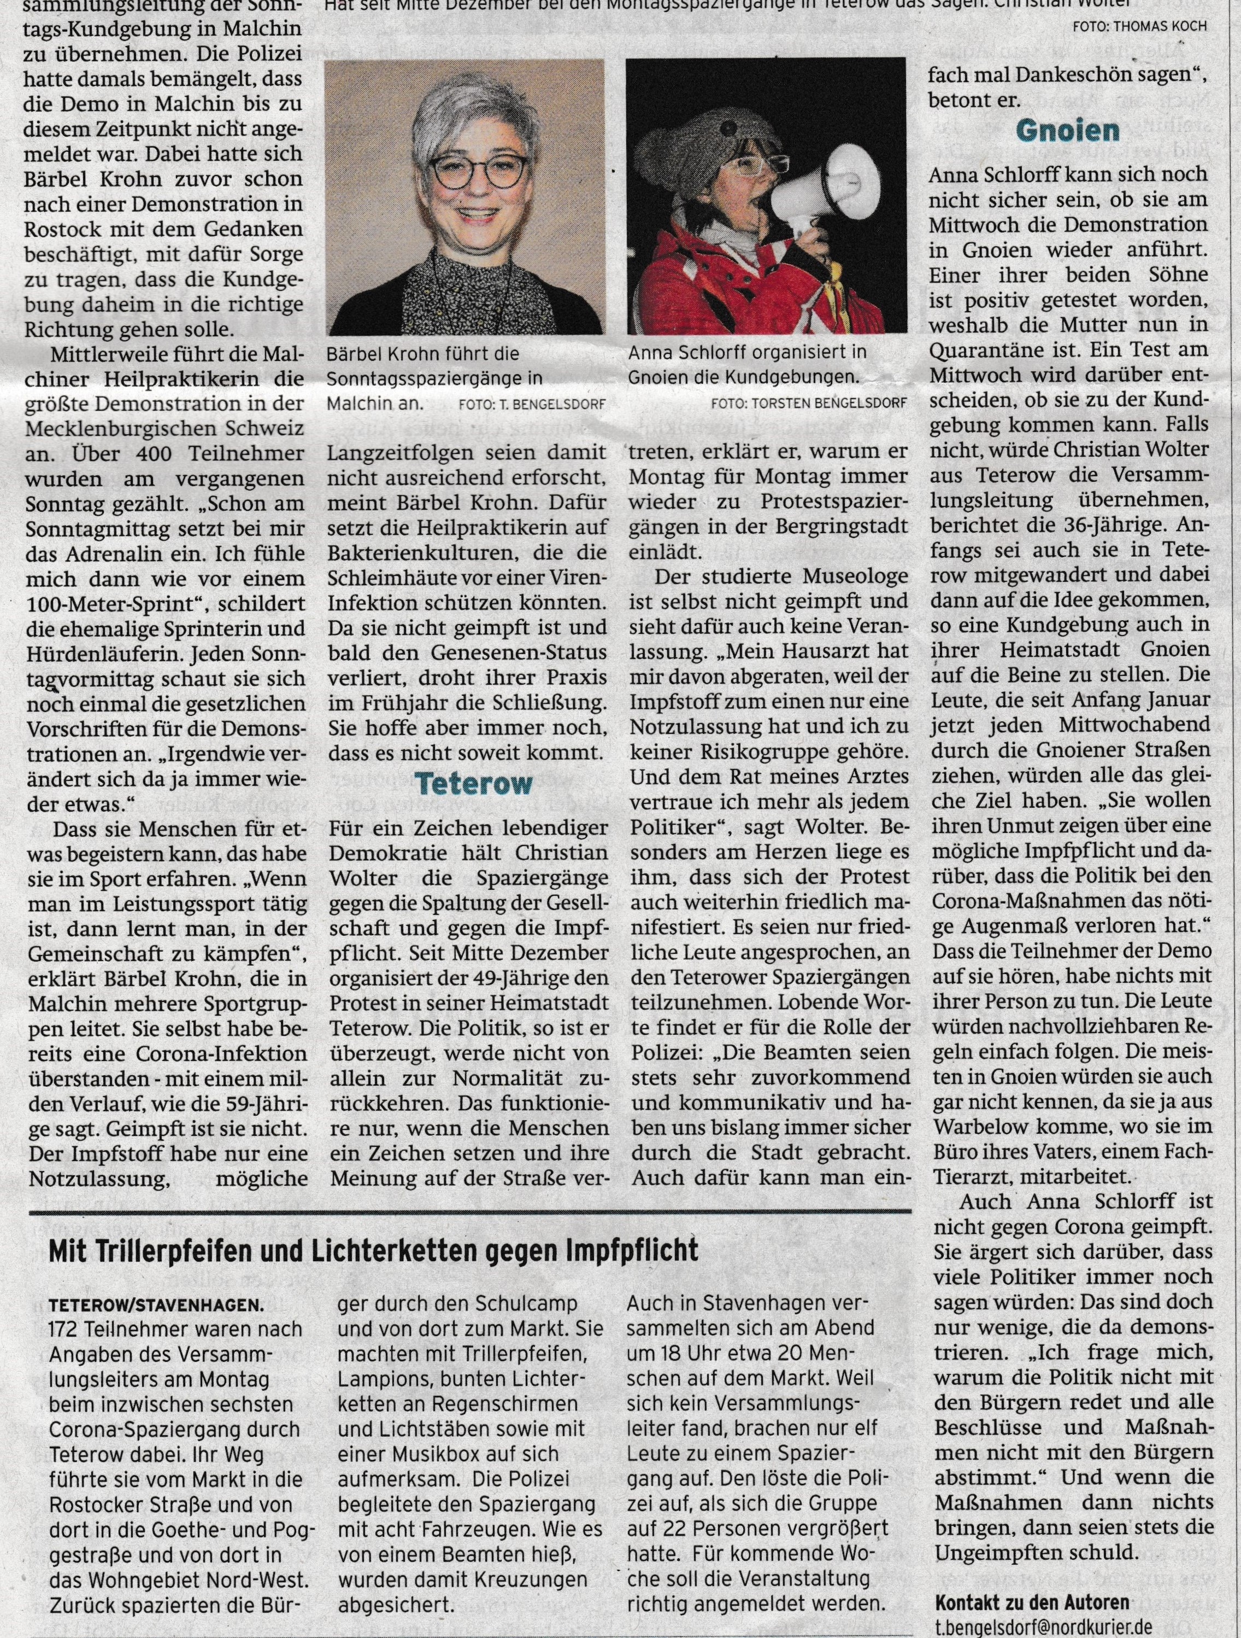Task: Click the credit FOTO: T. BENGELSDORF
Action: click(531, 404)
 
